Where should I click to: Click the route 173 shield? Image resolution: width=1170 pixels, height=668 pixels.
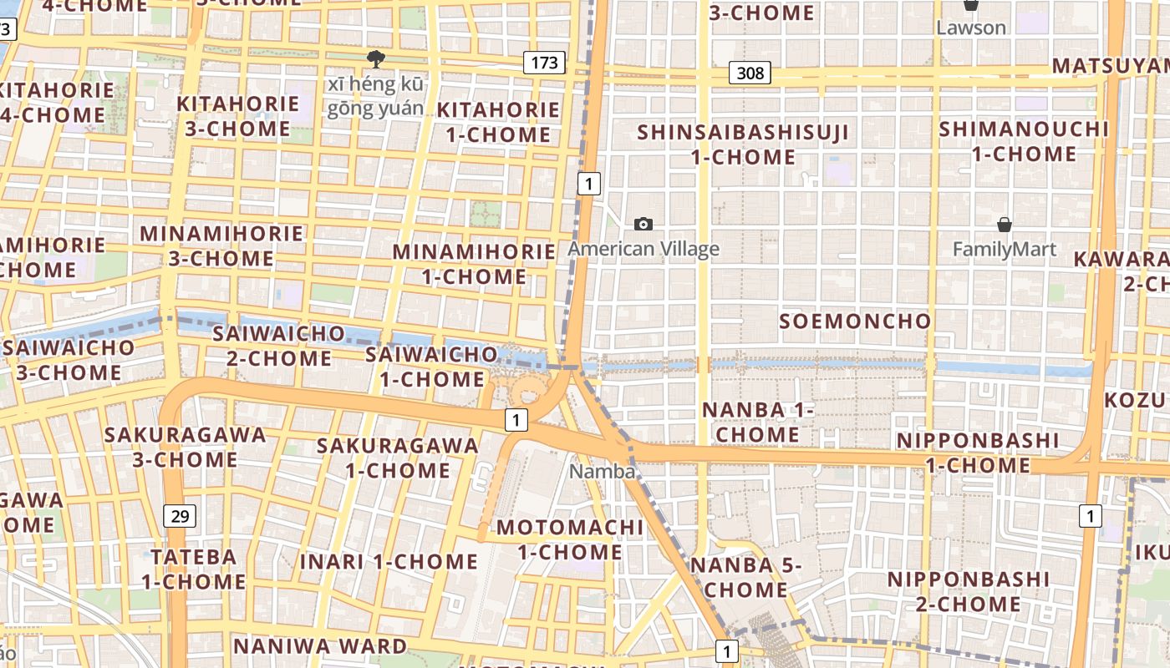coord(544,63)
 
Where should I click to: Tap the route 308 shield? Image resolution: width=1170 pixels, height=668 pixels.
coord(750,73)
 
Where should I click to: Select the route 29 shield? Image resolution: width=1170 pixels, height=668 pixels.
coord(180,516)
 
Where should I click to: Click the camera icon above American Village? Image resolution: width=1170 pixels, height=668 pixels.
coord(643,224)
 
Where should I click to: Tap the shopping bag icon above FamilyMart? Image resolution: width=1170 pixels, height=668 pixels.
coord(1005,225)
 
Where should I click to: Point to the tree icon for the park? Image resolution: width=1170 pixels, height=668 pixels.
coord(376,58)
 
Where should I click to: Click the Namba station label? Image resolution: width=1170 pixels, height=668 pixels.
coord(602,471)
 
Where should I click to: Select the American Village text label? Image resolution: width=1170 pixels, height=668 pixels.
coord(643,249)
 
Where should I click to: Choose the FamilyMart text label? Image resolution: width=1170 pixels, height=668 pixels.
coord(1005,249)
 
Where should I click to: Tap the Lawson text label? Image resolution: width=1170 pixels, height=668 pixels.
coord(970,28)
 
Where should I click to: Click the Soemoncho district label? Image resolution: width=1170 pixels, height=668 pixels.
coord(855,321)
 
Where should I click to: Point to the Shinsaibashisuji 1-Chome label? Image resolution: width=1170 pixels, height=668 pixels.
coord(743,144)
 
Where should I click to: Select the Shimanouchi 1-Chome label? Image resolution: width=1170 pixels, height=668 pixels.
coord(1024,141)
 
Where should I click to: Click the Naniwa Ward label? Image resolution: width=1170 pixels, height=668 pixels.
coord(319,645)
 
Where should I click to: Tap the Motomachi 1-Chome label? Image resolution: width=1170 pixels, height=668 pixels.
coord(570,539)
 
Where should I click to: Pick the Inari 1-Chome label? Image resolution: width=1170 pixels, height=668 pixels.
coord(389,561)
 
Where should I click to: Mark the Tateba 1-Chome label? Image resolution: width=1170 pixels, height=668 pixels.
coord(193,569)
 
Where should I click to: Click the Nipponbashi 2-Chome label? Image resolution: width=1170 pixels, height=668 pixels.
coord(968,591)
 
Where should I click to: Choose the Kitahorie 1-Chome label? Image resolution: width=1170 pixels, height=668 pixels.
coord(498,122)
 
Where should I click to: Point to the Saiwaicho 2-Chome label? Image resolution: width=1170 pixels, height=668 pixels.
coord(278,346)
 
